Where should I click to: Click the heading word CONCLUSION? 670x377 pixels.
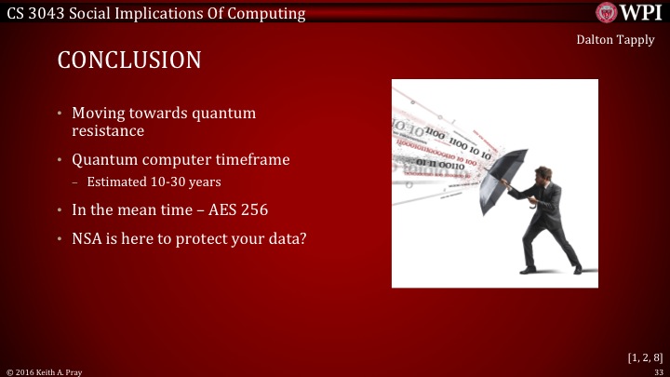[128, 61]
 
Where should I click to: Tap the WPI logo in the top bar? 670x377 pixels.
[629, 13]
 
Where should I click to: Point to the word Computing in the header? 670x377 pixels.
[265, 13]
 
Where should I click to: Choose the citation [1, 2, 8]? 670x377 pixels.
[646, 357]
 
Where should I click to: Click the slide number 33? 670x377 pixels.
[659, 370]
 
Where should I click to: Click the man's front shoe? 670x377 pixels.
[528, 269]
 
